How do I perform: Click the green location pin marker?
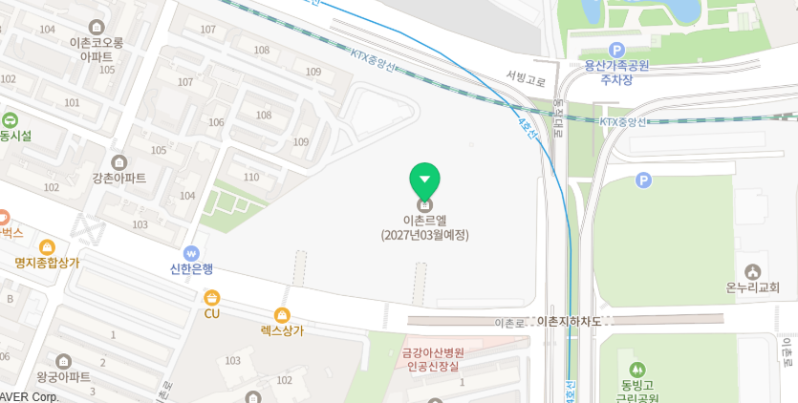424,180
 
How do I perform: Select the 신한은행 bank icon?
192,255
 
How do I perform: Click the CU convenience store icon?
211,297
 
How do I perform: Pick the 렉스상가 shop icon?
282,314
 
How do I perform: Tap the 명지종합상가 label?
47,263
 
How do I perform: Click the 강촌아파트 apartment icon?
119,162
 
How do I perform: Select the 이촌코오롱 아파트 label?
97,50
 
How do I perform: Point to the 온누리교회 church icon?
752,272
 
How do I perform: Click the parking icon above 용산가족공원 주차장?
616,50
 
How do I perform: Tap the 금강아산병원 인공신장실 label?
433,359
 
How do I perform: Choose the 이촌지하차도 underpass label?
571,322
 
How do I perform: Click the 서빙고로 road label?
526,79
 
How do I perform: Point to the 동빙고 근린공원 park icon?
635,370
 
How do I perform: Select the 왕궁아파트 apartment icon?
63,361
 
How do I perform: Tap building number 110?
251,177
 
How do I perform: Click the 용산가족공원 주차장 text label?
616,73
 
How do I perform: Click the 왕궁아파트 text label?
63,376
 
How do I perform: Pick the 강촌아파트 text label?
119,179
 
